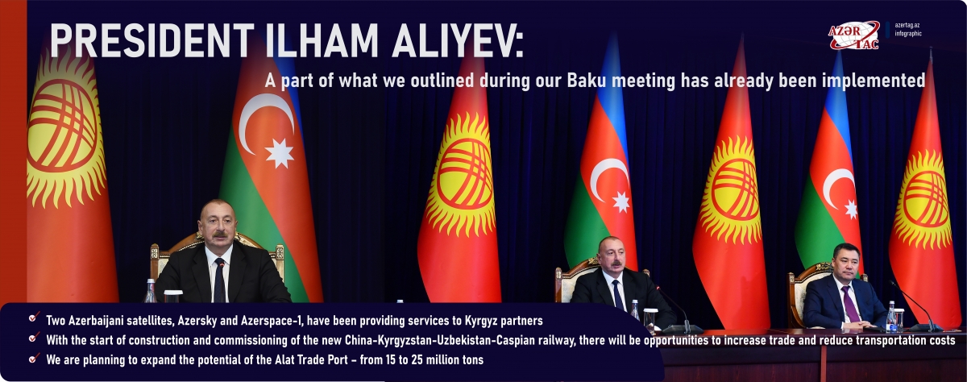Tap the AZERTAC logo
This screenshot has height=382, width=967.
pyautogui.click(x=853, y=35)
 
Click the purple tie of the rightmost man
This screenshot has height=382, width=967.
pyautogui.click(x=849, y=304)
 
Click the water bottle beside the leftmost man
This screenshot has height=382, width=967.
pyautogui.click(x=150, y=291)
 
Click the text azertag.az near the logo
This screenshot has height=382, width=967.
pyautogui.click(x=907, y=26)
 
